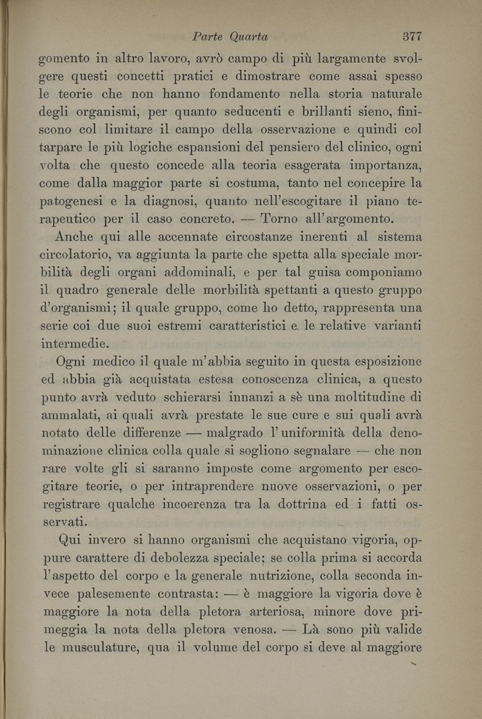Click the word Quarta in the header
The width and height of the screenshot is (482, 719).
pos(248,36)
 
